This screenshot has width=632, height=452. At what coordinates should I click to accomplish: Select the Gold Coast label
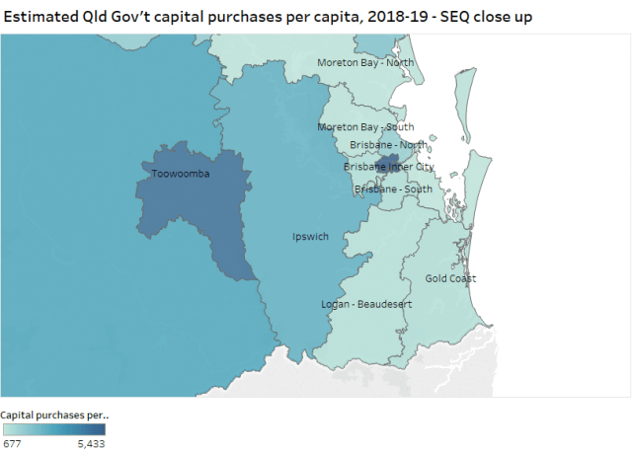[450, 278]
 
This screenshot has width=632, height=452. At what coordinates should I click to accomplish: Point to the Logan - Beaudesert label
[366, 303]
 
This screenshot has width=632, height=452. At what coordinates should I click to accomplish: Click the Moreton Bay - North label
[365, 63]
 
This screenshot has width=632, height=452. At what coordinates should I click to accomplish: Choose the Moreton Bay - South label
[365, 127]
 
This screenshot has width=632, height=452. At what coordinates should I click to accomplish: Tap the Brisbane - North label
[389, 145]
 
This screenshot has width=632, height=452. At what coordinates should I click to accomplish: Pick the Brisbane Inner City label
[389, 167]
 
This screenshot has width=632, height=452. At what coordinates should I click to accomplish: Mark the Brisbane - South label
[393, 188]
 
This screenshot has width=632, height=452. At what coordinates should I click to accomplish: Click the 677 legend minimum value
[12, 444]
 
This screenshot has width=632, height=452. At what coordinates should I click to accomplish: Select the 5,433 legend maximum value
[89, 444]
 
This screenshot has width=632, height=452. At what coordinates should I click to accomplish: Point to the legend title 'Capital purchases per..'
[54, 414]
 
